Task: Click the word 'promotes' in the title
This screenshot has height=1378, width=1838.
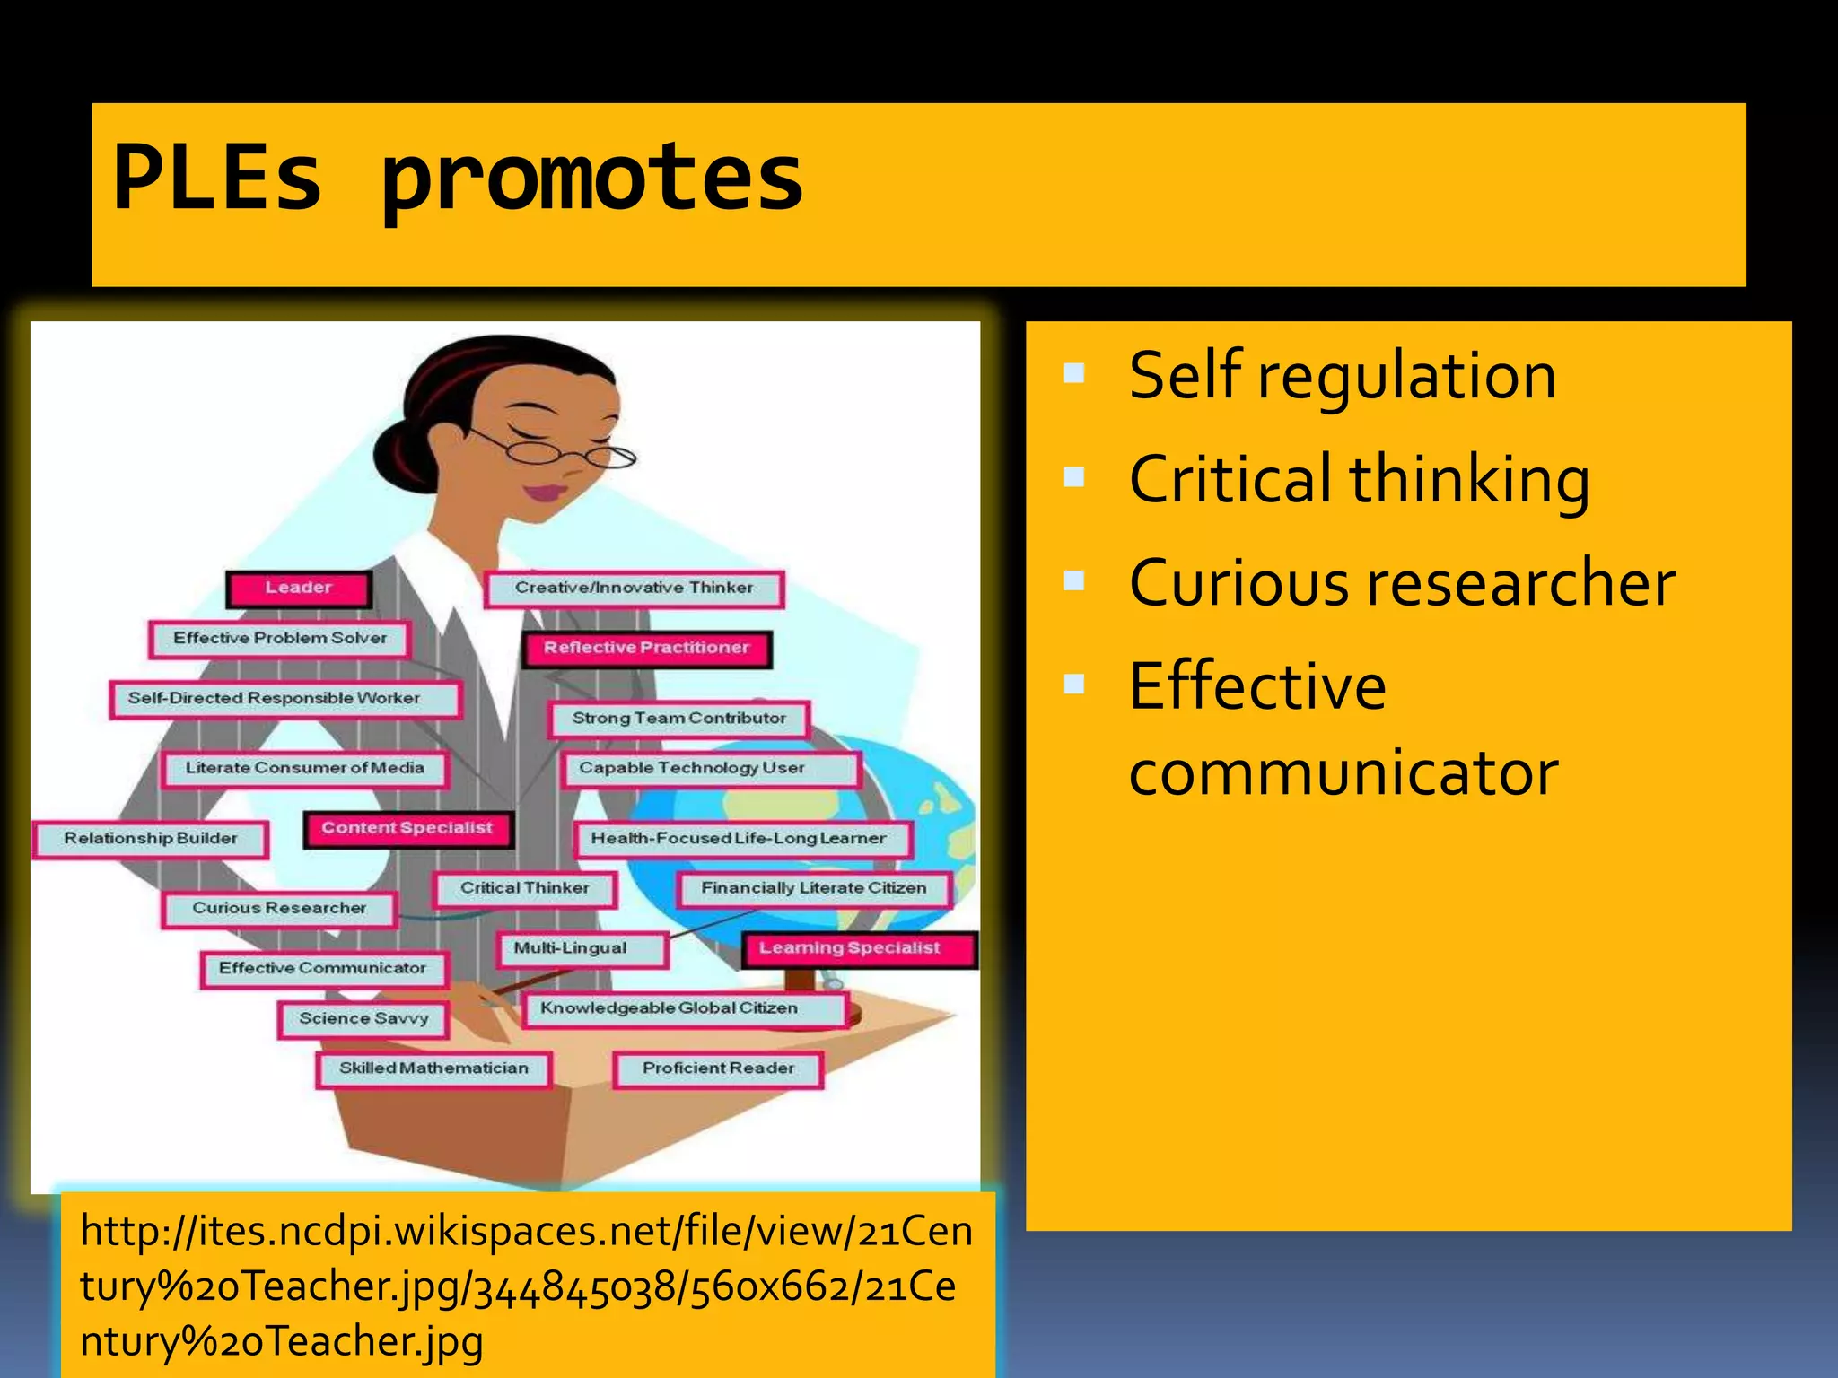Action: pos(592,179)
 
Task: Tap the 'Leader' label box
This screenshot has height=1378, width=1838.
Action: pos(298,589)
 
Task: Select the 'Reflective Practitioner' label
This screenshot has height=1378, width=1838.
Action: pos(646,648)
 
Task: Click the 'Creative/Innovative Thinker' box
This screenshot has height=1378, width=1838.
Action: pos(634,589)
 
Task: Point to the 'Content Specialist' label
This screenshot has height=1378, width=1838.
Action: pos(407,828)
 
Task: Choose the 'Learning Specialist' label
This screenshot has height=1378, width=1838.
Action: pos(849,948)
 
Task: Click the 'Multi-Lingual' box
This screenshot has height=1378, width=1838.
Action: pos(571,948)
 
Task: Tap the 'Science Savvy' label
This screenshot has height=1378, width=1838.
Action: pos(363,1019)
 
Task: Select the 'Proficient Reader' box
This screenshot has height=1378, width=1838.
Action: pos(718,1068)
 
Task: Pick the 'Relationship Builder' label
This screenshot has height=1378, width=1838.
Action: pos(151,839)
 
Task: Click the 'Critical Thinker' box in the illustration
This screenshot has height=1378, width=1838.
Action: pos(525,888)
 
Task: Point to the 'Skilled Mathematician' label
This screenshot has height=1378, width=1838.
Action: pos(433,1068)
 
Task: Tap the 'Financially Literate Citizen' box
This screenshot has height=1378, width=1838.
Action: pos(813,888)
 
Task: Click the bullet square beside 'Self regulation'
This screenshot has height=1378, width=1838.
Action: pos(1074,373)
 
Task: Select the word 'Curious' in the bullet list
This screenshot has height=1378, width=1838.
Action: pos(1238,583)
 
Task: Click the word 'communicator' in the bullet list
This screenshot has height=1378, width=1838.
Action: pos(1343,772)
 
